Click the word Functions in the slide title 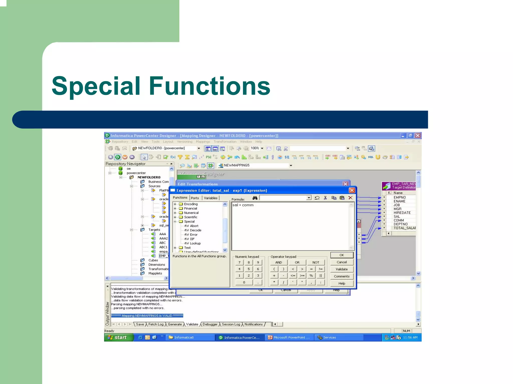coord(209,86)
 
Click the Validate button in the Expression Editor coord(341,269)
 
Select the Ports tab coord(195,198)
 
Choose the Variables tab coord(210,198)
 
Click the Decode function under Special coord(195,230)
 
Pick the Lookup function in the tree coord(195,243)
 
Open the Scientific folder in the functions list coord(190,217)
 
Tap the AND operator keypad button coord(278,262)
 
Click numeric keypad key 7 coord(239,262)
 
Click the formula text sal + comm coord(243,205)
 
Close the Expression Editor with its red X coord(352,190)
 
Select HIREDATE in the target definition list coord(402,213)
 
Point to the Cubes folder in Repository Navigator coord(153,260)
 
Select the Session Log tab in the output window coord(231,324)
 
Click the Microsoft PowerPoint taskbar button coord(289,337)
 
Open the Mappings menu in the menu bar coord(203,141)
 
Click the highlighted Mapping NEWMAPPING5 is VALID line coord(147,315)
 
